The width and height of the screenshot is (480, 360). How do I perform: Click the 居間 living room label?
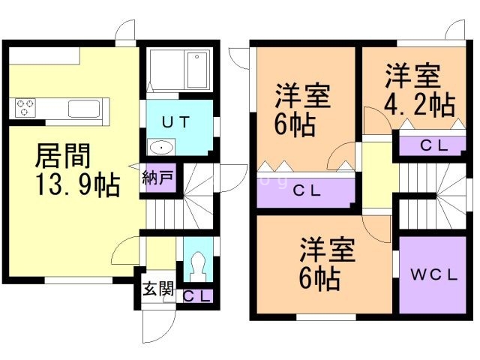coord(64,157)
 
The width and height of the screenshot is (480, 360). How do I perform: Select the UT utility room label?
coord(177,120)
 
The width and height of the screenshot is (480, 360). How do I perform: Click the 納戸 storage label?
coord(157,178)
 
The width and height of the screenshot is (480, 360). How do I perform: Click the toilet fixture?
coord(198,262)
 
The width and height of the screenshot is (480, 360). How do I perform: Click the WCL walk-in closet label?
coord(433,274)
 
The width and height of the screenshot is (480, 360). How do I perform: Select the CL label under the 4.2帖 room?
coord(434,145)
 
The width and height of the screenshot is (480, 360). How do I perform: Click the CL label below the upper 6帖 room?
coord(305,191)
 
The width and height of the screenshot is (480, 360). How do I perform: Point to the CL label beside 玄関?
coord(197,296)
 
